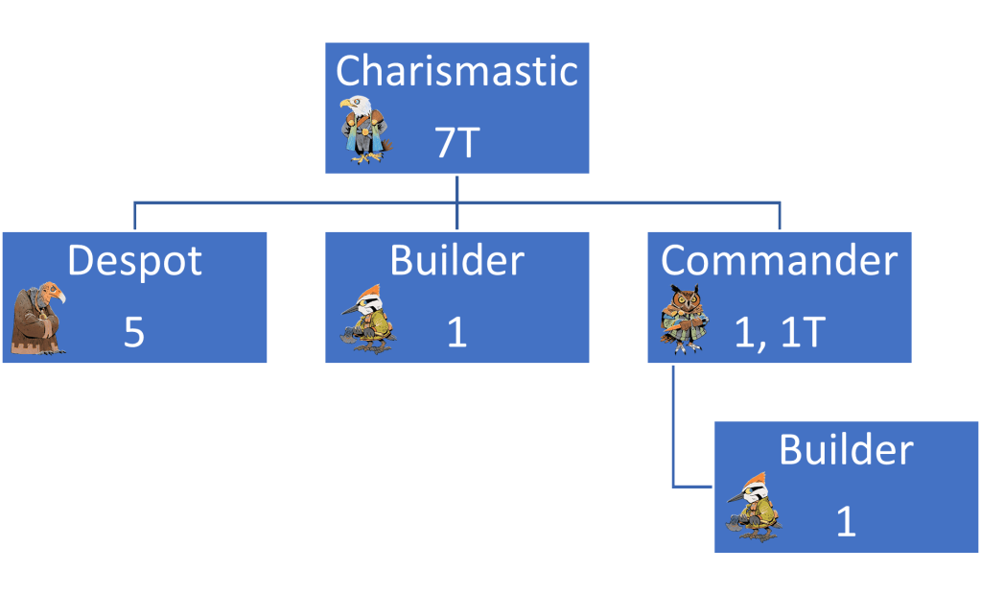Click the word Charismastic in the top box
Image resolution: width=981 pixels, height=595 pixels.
(457, 72)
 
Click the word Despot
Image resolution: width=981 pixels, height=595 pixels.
(134, 261)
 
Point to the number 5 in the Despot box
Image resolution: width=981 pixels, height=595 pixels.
(134, 332)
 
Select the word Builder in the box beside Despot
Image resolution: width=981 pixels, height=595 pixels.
(457, 261)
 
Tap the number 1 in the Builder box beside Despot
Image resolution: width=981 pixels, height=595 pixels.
(457, 332)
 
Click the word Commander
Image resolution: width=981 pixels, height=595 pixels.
(780, 261)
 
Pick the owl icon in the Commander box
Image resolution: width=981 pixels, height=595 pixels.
(682, 318)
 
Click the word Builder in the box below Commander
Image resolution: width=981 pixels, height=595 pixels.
(846, 450)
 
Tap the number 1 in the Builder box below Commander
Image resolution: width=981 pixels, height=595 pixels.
(846, 521)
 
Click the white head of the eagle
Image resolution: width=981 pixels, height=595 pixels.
(355, 104)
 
